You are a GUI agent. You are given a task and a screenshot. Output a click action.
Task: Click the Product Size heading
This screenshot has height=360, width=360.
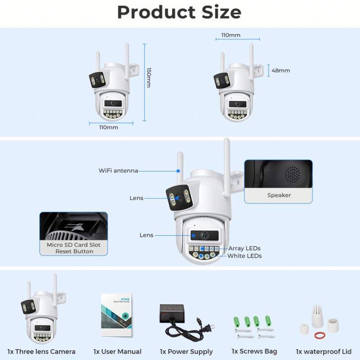point(179,12)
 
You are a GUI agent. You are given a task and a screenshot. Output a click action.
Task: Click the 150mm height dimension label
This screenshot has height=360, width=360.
point(149,77)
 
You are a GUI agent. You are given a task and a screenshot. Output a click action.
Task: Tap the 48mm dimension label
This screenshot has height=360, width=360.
point(281,71)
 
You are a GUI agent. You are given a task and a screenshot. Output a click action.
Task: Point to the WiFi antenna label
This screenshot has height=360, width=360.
point(118,171)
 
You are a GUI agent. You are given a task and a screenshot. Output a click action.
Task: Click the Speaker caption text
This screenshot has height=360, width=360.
point(279,195)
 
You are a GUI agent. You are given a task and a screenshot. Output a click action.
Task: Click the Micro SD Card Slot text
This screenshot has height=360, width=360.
point(74,245)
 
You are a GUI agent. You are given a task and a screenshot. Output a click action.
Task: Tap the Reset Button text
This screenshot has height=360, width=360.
point(74,252)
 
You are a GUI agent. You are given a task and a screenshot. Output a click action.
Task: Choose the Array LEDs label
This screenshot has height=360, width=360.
point(244,248)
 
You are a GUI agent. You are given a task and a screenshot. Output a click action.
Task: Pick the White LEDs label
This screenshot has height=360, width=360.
point(244,256)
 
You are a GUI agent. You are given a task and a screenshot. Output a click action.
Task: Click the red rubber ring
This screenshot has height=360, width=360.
point(319,335)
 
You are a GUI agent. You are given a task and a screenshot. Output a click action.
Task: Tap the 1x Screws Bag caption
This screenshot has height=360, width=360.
point(254,351)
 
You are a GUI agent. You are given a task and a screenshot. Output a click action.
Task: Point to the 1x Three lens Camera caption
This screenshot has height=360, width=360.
point(41,351)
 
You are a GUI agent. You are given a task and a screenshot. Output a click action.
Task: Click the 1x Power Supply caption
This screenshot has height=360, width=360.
point(186,351)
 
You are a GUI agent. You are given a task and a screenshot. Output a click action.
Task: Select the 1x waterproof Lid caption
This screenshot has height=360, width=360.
point(324,351)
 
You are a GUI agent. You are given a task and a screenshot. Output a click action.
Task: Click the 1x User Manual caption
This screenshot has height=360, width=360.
point(117,351)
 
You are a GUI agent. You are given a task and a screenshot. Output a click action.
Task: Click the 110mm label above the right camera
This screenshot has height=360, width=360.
point(231,35)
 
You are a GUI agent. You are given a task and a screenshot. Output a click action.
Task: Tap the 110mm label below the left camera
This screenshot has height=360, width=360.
point(108,127)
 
